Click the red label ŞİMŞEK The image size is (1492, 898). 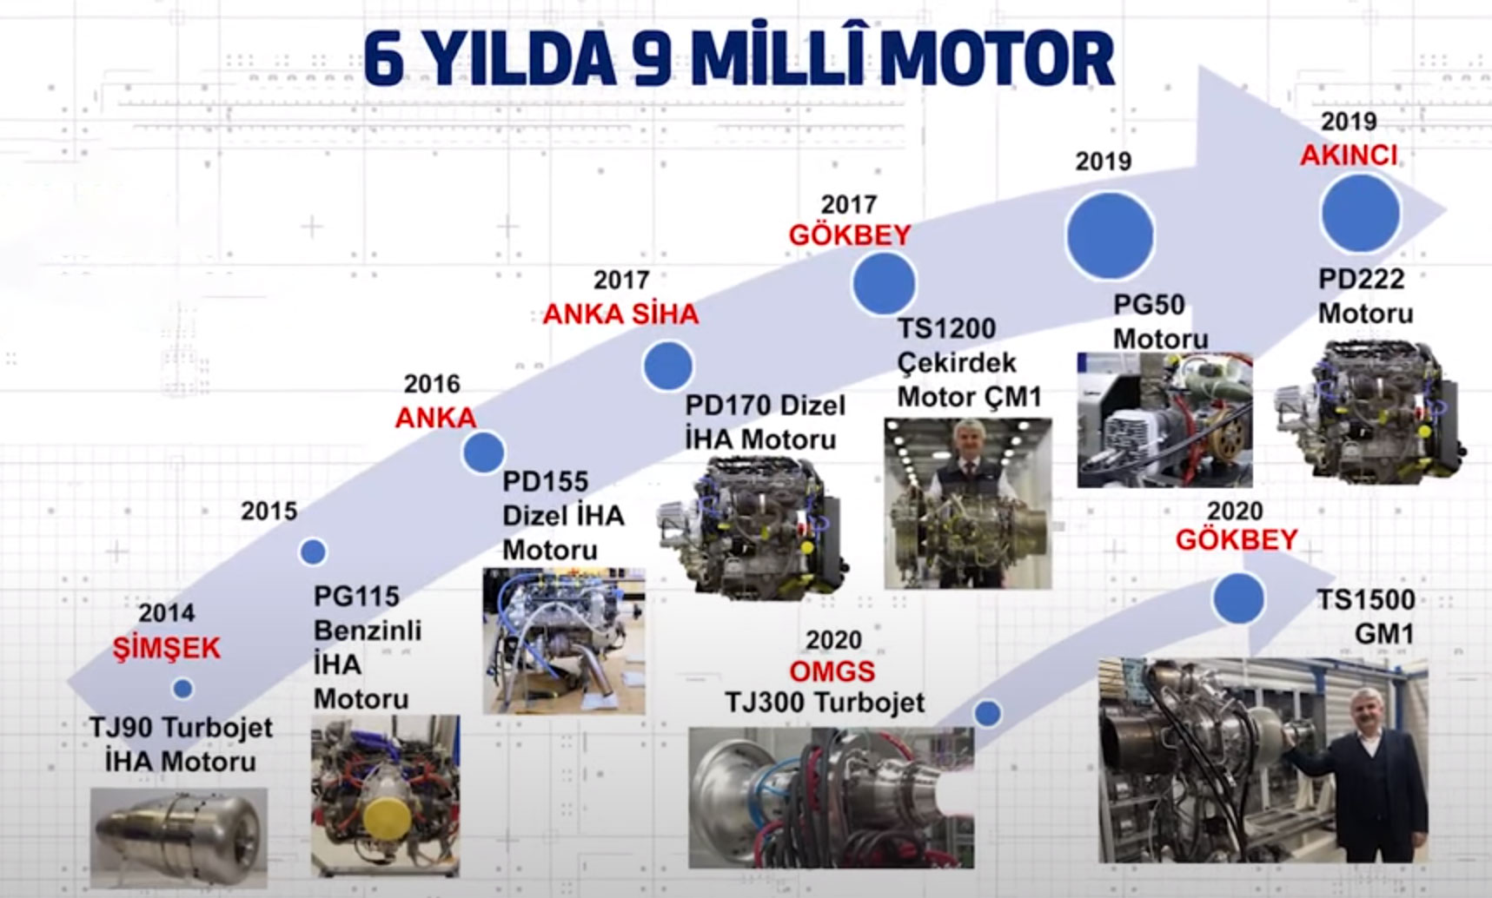tap(167, 648)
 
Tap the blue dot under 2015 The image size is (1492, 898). tap(313, 551)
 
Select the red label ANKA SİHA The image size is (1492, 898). tap(620, 314)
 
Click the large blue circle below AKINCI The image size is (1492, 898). tap(1360, 213)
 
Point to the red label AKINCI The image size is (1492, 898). tap(1349, 155)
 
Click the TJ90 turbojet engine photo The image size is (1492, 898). tap(178, 837)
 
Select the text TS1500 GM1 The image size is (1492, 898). tap(1366, 617)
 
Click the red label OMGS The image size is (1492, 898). tap(832, 671)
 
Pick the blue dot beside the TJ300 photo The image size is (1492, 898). tap(987, 714)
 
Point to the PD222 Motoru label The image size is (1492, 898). tap(1365, 296)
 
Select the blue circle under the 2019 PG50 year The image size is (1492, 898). tap(1110, 235)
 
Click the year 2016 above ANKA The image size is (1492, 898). tap(432, 384)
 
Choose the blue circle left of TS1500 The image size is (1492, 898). tap(1238, 598)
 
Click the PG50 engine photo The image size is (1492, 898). tap(1164, 419)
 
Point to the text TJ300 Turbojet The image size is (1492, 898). tap(825, 703)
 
